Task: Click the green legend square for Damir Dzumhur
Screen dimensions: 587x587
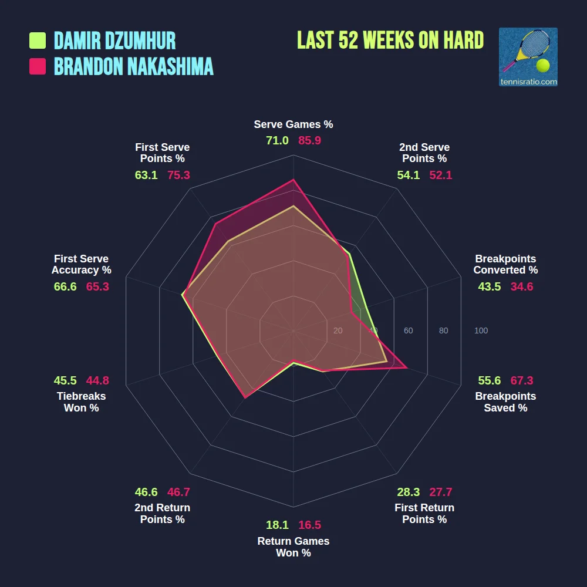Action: [38, 41]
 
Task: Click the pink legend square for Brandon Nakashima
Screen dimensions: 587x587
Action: [38, 66]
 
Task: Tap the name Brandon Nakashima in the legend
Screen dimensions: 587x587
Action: [133, 66]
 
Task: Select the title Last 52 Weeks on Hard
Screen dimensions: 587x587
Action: [390, 41]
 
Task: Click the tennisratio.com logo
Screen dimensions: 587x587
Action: [528, 57]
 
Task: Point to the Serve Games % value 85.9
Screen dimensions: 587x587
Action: [309, 140]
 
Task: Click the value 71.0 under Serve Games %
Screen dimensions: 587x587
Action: [277, 140]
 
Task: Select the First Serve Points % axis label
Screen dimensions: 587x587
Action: [163, 153]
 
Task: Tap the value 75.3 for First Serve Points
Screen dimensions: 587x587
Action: [178, 175]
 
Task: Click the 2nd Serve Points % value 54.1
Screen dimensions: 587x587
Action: [409, 175]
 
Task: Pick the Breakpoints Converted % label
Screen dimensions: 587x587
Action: [505, 264]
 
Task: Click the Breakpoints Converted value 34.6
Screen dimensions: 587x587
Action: [522, 286]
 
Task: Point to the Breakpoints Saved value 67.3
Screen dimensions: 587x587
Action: [522, 380]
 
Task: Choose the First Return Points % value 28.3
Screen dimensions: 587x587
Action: [409, 492]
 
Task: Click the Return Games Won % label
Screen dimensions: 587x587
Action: [293, 546]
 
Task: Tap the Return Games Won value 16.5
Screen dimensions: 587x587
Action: [309, 525]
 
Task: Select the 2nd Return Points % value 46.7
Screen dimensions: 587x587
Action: [178, 492]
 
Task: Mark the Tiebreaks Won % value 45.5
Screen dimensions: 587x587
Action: [65, 380]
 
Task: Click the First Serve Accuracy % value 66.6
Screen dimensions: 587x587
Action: [65, 286]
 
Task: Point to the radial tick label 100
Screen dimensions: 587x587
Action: [481, 330]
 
